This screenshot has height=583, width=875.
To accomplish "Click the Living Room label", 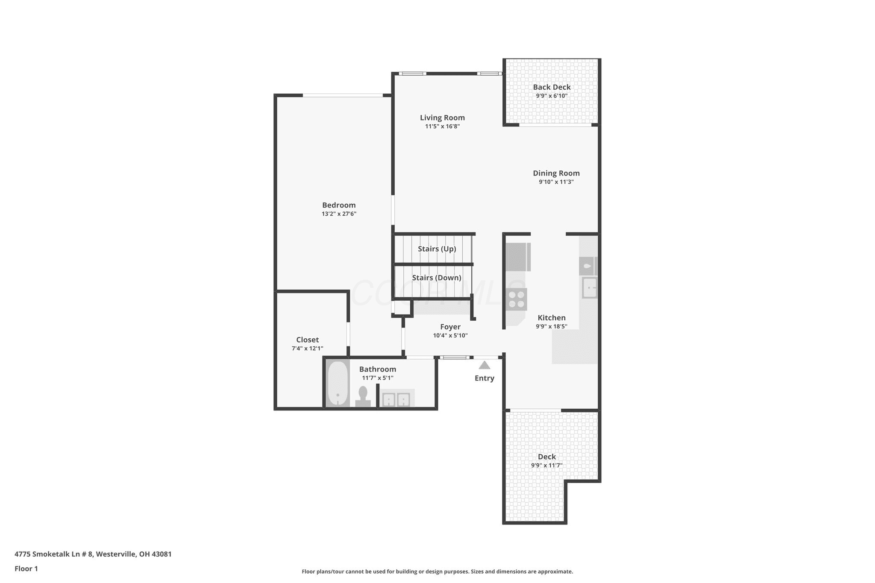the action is [442, 117].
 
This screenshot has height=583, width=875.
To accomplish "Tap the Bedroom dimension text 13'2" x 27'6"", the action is [339, 214].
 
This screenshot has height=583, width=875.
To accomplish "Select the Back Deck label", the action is [552, 87].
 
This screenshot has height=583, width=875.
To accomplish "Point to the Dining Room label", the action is [556, 173].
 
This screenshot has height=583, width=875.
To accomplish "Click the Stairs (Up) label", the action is [437, 249].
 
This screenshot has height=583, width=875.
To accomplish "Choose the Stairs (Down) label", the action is [436, 278].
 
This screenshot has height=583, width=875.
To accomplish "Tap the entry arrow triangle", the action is [484, 365].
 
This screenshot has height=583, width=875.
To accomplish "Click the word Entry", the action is [484, 378].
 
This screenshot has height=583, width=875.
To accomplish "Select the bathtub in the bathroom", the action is [338, 384].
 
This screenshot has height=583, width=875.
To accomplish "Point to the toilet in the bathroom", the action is [363, 397].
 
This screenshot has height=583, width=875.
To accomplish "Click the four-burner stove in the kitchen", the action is [516, 299].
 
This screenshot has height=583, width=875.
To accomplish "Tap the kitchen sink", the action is [589, 287].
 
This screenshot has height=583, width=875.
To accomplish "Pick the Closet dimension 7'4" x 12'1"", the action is [307, 349].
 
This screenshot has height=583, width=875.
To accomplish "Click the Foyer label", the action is [450, 327].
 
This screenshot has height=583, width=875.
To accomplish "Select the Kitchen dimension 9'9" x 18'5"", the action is [551, 326].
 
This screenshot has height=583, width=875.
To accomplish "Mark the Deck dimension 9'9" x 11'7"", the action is [546, 465].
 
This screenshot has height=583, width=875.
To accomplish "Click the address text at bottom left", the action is [93, 554].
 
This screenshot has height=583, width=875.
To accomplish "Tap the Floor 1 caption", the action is [26, 568].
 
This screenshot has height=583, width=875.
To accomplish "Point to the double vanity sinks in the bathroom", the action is [396, 399].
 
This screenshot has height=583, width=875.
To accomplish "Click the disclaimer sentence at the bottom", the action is [437, 571].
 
